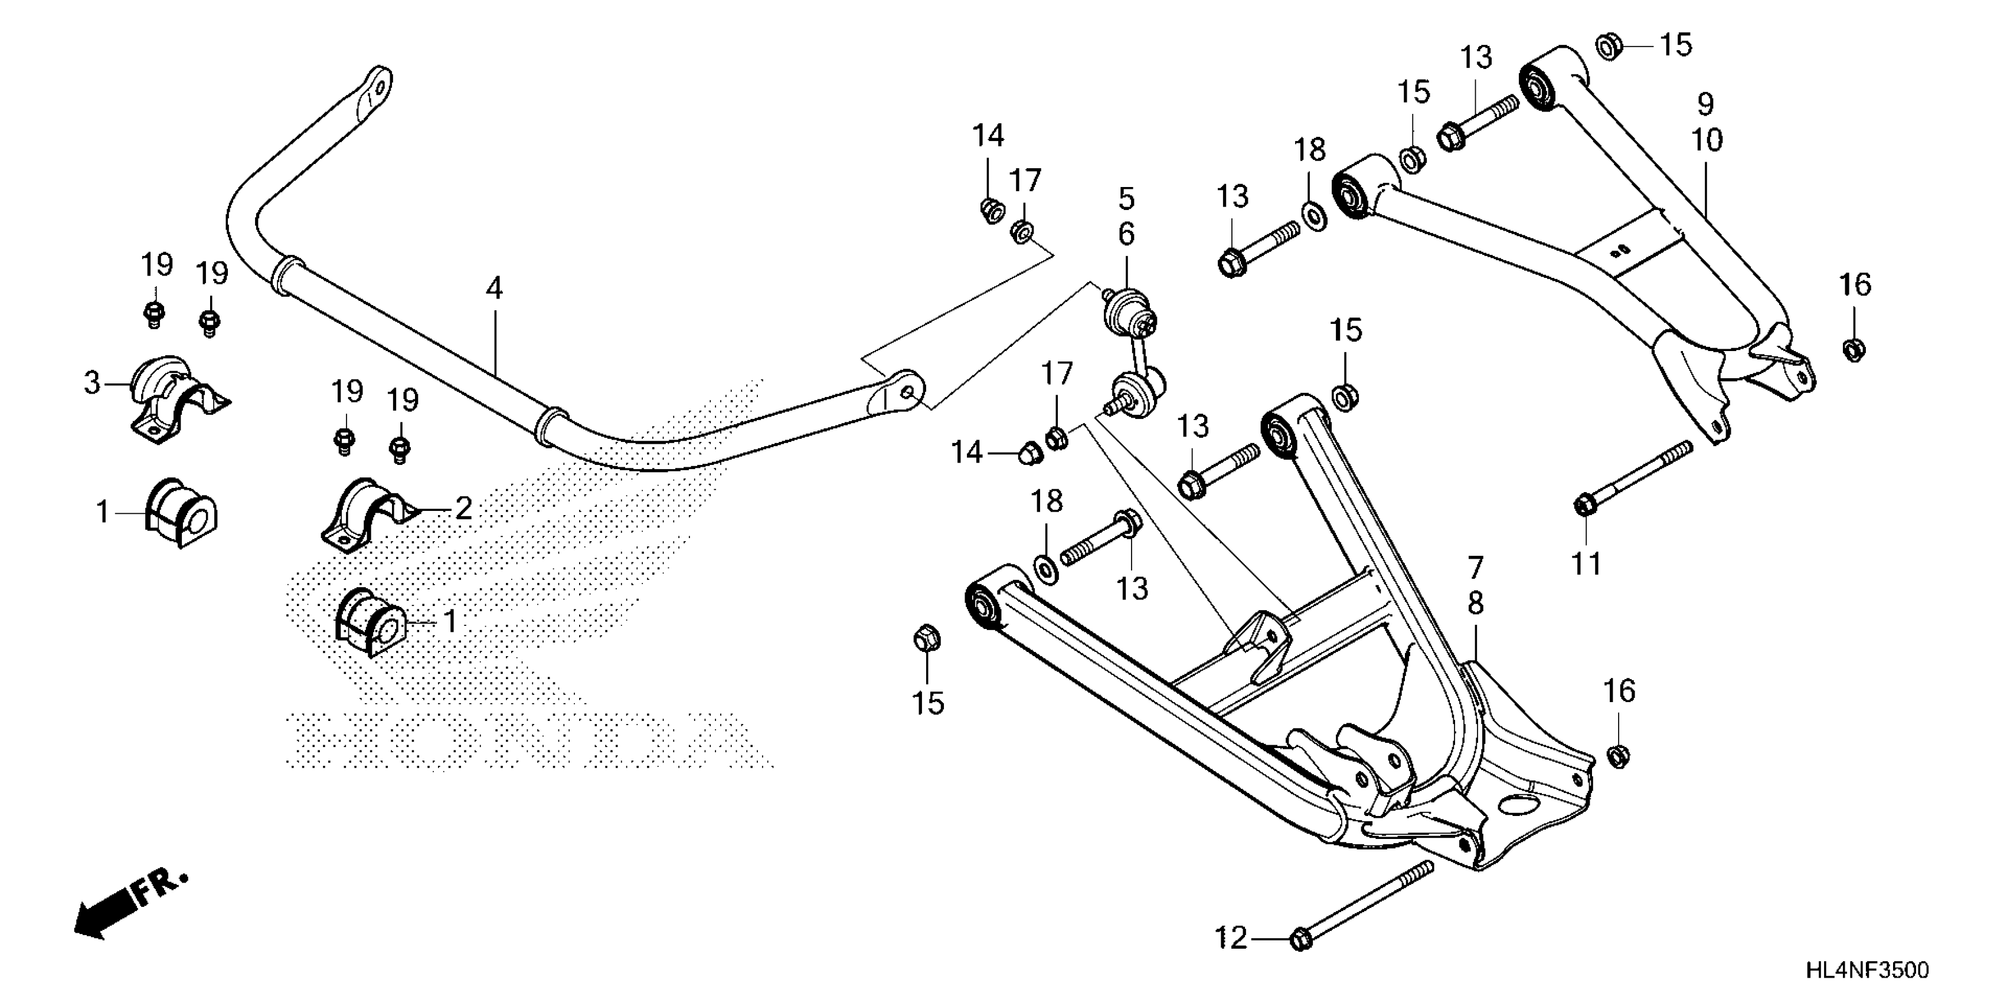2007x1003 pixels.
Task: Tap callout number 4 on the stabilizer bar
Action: click(494, 289)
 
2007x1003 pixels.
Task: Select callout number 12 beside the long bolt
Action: click(1231, 938)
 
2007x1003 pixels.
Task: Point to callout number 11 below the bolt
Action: click(1586, 562)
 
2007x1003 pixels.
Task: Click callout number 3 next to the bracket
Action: click(92, 383)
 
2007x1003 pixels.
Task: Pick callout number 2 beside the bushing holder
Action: click(463, 509)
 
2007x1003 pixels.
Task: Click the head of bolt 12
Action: click(1300, 940)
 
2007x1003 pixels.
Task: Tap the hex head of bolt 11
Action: click(1584, 506)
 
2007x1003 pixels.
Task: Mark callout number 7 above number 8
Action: click(1476, 568)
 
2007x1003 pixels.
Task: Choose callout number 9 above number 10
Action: click(1705, 104)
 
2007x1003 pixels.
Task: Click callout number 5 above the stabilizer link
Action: click(1127, 199)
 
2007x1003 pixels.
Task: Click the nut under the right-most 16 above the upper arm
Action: click(1854, 350)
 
